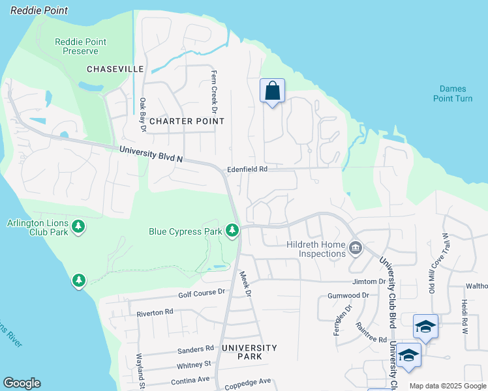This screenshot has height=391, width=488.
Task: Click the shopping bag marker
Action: [x=272, y=91]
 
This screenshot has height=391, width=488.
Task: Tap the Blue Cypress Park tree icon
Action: [x=232, y=230]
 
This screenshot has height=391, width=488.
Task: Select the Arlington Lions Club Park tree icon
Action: [x=79, y=227]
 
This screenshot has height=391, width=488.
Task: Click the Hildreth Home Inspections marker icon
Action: [x=356, y=247]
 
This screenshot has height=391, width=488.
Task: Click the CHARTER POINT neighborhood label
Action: [x=187, y=121]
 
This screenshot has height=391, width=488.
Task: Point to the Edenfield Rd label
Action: [x=247, y=169]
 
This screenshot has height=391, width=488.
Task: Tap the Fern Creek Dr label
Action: [x=213, y=89]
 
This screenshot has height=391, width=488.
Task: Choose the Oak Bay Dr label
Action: [x=142, y=114]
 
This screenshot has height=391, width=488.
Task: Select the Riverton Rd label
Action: [x=155, y=313]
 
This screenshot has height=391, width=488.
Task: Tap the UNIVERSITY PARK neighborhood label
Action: [x=249, y=352]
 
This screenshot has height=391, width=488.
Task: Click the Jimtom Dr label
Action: [x=369, y=282]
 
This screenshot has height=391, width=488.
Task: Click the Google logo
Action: [x=22, y=383]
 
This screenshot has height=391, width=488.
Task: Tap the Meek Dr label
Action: [x=245, y=283]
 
